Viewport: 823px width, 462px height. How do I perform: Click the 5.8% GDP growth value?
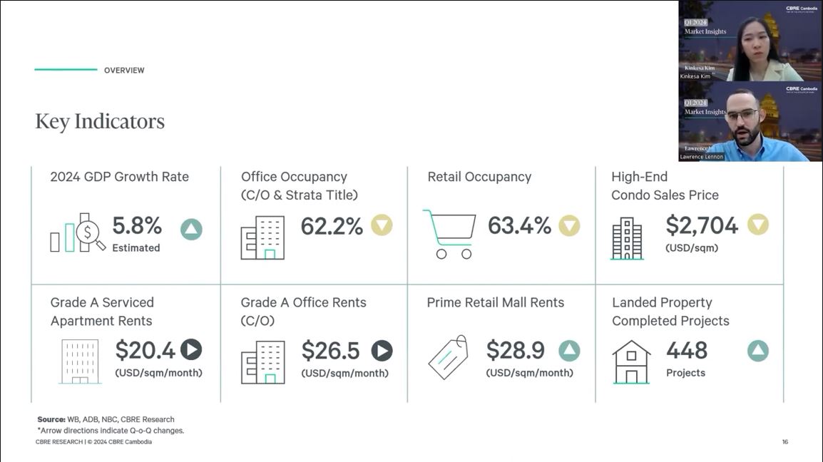[x=137, y=225]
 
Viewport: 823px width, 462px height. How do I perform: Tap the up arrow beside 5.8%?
[x=191, y=229]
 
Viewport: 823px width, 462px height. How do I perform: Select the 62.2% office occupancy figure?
[x=332, y=226]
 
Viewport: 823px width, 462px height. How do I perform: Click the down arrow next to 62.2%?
[x=382, y=225]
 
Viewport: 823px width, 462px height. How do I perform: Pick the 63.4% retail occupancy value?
[x=519, y=226]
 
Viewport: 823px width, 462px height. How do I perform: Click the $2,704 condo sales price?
[x=702, y=225]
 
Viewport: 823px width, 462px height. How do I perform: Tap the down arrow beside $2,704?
[x=757, y=225]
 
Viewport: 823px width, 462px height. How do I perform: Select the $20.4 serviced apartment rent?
[x=145, y=350]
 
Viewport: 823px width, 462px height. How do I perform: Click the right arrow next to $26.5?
[x=382, y=350]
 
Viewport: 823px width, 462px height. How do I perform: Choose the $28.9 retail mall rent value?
[x=515, y=350]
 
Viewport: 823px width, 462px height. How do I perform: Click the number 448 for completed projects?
[x=687, y=350]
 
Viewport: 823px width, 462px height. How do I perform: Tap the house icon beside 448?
[x=631, y=361]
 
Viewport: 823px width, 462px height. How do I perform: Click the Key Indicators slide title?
[x=100, y=121]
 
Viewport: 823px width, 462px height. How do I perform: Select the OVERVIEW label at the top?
[x=124, y=71]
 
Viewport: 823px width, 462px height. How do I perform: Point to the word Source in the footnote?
[x=51, y=419]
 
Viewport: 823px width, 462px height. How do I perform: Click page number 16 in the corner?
[x=784, y=442]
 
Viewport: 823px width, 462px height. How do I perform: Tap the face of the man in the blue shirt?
[x=742, y=118]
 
